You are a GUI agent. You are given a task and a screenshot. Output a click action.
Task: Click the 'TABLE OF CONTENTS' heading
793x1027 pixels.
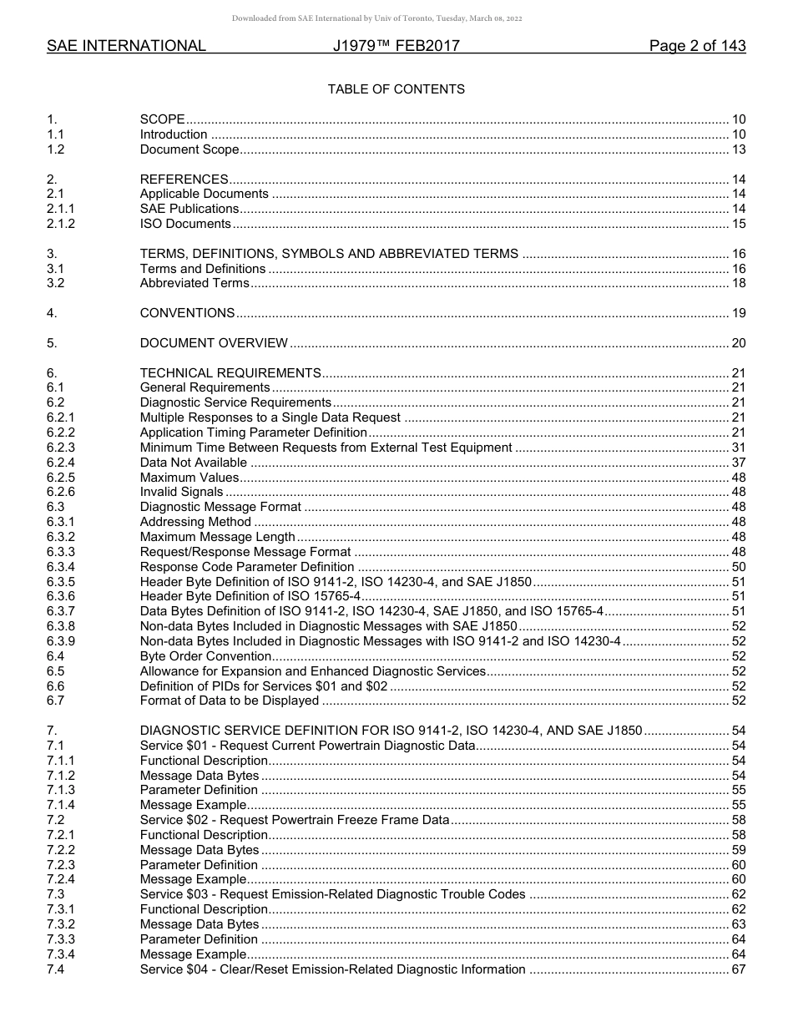pos(396,89)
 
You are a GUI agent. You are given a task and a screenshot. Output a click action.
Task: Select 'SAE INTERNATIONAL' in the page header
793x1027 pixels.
pos(126,47)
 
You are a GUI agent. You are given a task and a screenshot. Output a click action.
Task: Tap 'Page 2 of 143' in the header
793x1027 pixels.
pos(697,47)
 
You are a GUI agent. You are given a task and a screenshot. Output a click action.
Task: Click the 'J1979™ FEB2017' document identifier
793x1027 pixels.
pos(396,47)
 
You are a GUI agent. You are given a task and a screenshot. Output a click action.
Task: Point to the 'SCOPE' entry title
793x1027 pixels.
pos(162,119)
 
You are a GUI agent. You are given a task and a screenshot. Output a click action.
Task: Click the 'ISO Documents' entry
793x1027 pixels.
pos(185,224)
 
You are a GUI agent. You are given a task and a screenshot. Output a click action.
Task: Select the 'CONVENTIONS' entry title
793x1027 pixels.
pos(187,313)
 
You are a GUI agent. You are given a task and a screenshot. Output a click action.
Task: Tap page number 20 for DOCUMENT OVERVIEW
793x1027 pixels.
pos(738,343)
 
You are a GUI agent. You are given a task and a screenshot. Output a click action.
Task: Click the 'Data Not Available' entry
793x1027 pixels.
pos(194,463)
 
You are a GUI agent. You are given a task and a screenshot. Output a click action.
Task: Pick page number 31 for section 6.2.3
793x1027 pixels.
pos(738,448)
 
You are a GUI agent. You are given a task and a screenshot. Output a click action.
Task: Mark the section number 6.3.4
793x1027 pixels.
pos(61,567)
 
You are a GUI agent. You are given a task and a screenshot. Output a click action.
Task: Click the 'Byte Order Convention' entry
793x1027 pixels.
pos(205,656)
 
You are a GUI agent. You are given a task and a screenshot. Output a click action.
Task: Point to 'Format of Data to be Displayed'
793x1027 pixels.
pos(230,701)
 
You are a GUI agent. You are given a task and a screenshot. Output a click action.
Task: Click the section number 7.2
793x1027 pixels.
pos(56,820)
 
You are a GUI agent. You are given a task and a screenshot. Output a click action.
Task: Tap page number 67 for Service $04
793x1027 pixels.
pos(738,969)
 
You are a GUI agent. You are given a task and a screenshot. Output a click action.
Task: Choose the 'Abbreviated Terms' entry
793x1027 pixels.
pos(194,283)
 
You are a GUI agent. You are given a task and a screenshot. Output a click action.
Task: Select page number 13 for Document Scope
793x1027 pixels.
pos(738,149)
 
